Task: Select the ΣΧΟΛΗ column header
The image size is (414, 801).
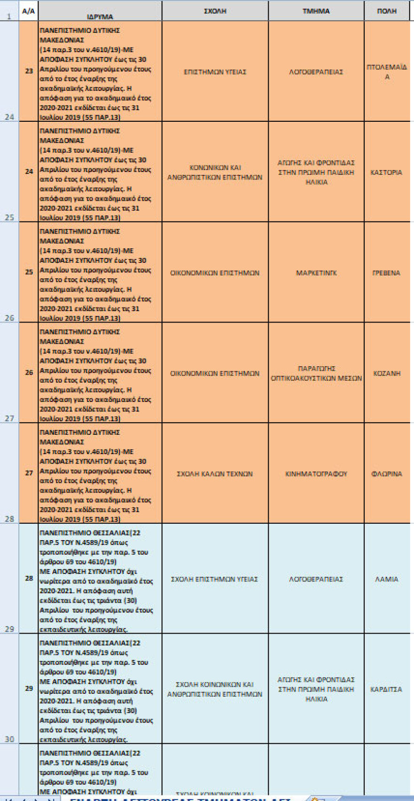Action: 215,11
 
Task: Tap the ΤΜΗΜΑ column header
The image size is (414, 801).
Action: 316,11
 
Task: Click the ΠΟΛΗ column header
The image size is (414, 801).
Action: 387,11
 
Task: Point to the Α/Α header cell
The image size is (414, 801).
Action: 29,11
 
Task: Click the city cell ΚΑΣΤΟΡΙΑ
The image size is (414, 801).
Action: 387,173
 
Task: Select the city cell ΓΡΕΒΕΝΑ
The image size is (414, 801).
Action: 387,273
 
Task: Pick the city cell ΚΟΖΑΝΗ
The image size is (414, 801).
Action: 387,373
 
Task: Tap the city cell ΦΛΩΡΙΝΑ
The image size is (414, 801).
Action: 387,474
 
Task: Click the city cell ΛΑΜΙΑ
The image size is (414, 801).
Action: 387,579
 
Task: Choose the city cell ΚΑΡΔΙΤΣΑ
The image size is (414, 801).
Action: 387,689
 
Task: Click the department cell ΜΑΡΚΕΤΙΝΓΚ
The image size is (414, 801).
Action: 316,273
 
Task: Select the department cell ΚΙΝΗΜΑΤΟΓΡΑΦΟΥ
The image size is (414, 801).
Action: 316,474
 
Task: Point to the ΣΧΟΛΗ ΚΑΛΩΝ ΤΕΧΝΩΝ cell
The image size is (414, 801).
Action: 215,474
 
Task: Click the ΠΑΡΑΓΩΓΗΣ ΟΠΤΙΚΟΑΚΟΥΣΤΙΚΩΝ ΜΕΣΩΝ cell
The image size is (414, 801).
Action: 316,373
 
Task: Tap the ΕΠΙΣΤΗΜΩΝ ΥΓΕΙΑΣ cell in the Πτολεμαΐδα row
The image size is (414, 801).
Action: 215,72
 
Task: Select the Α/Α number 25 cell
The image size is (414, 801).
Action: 29,272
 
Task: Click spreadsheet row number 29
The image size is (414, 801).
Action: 9,629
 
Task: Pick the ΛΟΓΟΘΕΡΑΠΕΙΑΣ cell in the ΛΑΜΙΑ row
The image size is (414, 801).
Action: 316,579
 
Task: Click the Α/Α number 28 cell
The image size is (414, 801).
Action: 29,578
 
